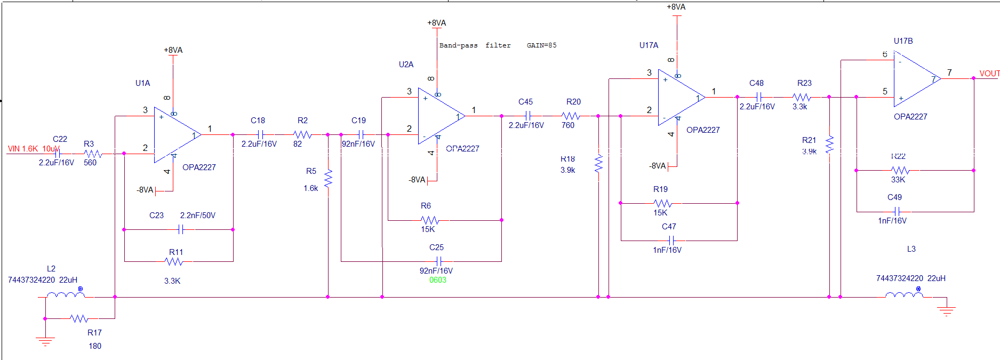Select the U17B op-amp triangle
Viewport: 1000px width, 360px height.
pos(916,78)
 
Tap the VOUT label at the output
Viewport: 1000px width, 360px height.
pos(989,74)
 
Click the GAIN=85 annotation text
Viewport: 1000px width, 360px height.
pos(541,45)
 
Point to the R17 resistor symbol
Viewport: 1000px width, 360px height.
pos(79,318)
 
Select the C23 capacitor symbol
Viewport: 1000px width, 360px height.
pos(181,229)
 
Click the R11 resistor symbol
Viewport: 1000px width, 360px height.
pos(174,261)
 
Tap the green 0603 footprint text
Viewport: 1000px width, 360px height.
pos(437,280)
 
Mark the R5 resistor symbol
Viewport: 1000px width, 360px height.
pos(328,178)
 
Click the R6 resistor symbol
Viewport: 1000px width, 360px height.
pos(429,220)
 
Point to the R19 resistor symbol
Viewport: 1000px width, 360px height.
pos(662,203)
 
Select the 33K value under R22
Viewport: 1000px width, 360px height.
pos(898,180)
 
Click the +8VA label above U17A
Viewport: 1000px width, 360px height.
pos(676,7)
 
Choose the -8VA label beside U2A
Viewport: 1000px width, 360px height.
pos(417,180)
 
